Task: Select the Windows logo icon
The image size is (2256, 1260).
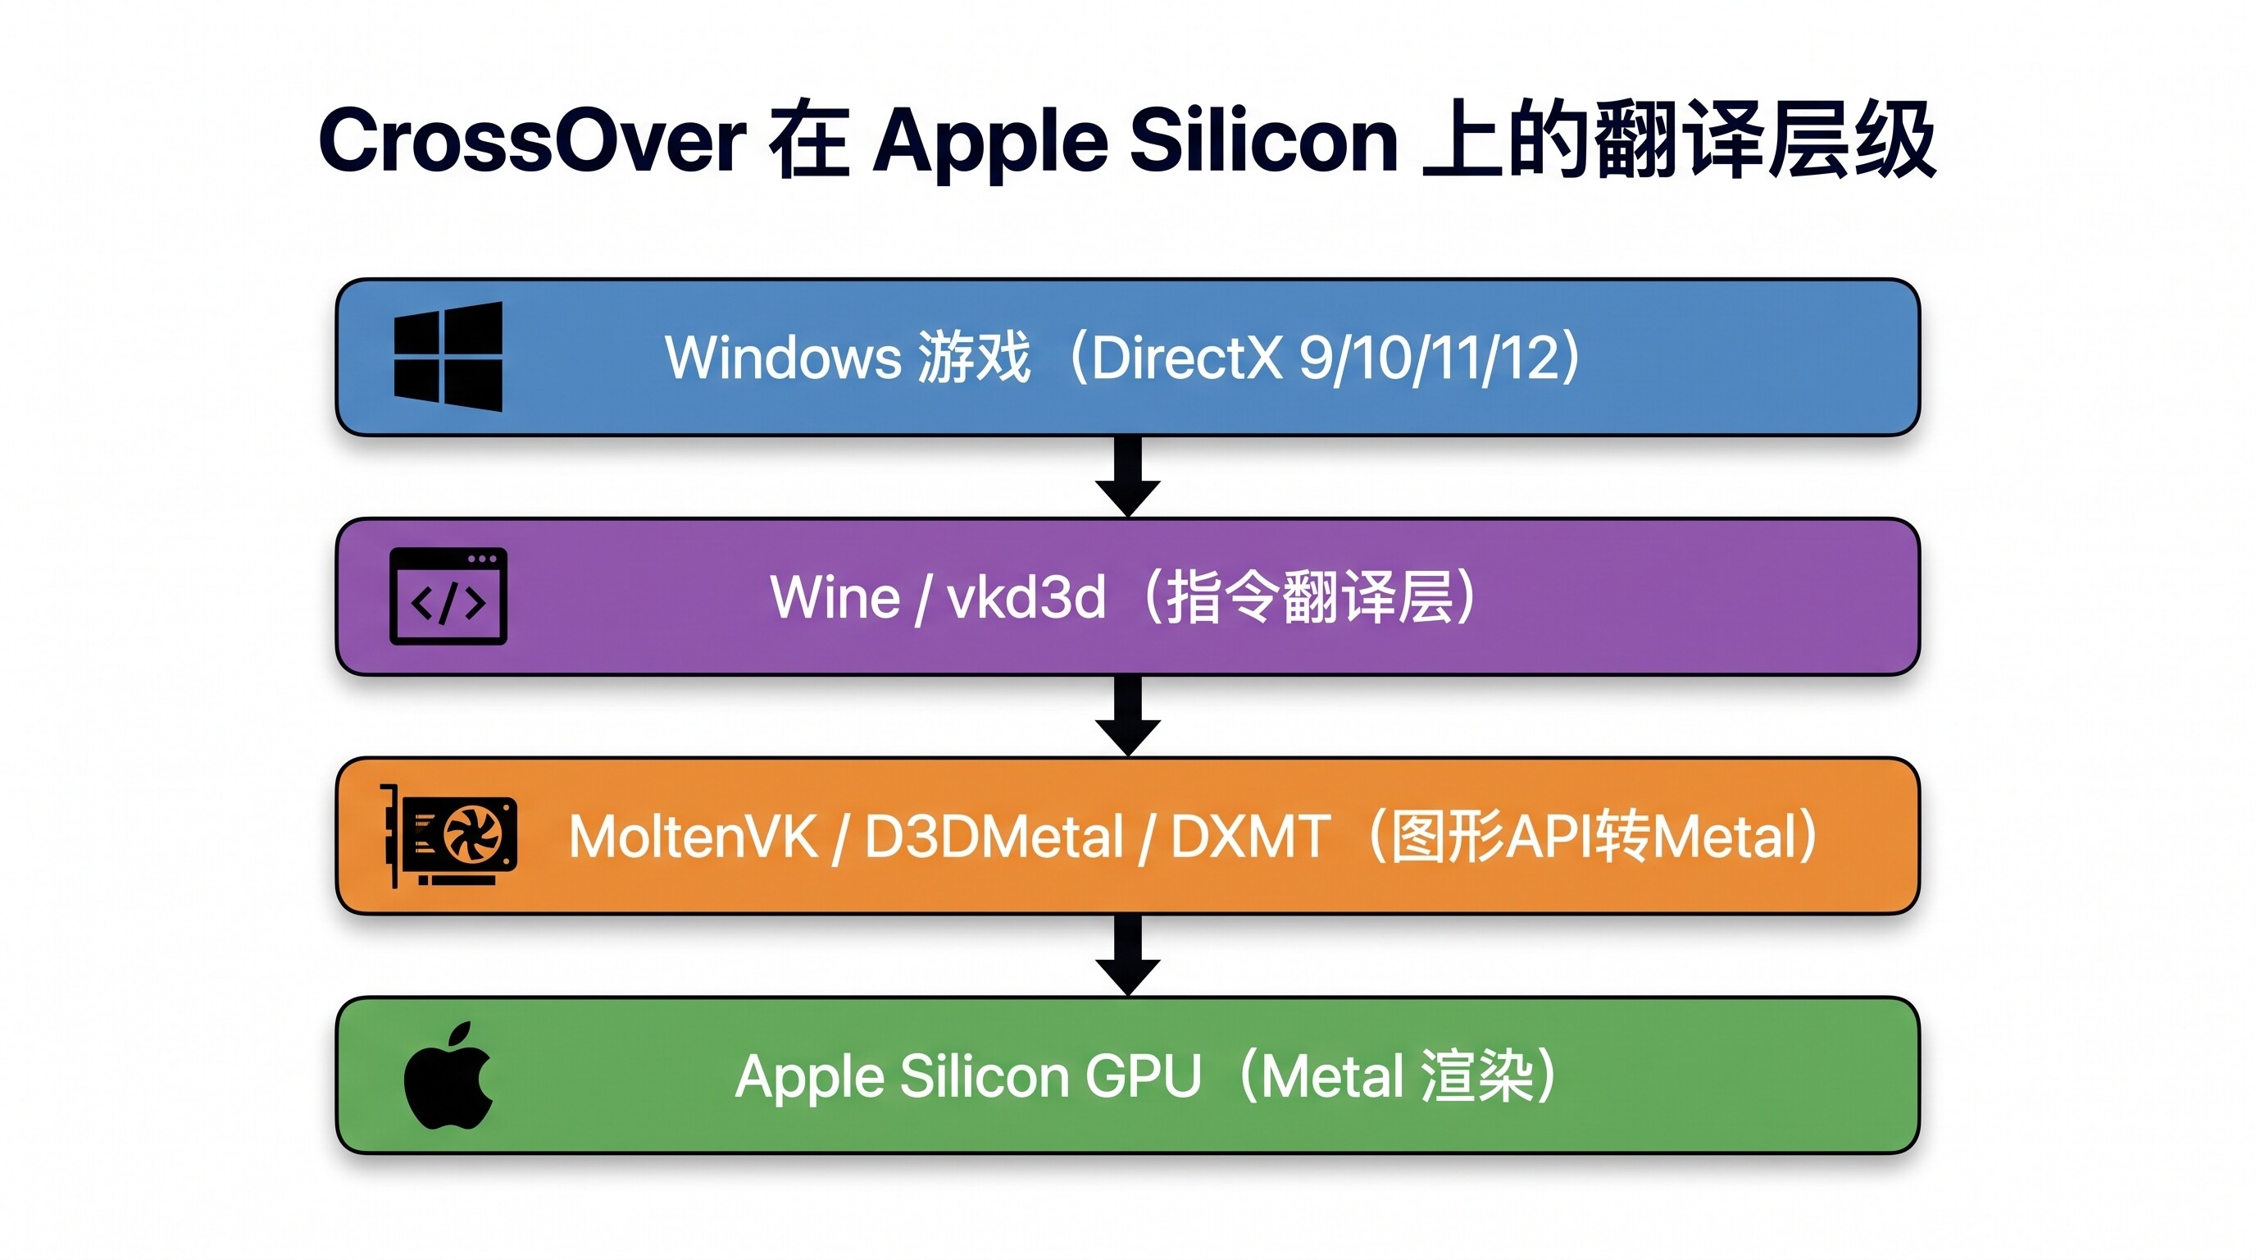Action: pyautogui.click(x=448, y=357)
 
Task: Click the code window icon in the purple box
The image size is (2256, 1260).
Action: pyautogui.click(x=448, y=596)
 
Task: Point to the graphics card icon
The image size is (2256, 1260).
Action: pyautogui.click(x=448, y=836)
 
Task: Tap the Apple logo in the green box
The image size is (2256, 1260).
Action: pyautogui.click(x=448, y=1075)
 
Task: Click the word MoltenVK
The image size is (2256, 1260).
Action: pyautogui.click(x=694, y=836)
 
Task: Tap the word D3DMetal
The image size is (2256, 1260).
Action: pyautogui.click(x=994, y=836)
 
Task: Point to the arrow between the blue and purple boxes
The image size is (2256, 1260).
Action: pyautogui.click(x=1128, y=477)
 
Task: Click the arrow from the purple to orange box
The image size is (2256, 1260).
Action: pyautogui.click(x=1128, y=716)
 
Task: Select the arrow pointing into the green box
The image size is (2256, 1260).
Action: pyautogui.click(x=1128, y=955)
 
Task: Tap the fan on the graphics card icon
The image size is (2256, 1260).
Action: pyautogui.click(x=473, y=833)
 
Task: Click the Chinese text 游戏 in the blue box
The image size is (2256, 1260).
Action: pyautogui.click(x=974, y=358)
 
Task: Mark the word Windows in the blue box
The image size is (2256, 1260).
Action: pyautogui.click(x=783, y=358)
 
